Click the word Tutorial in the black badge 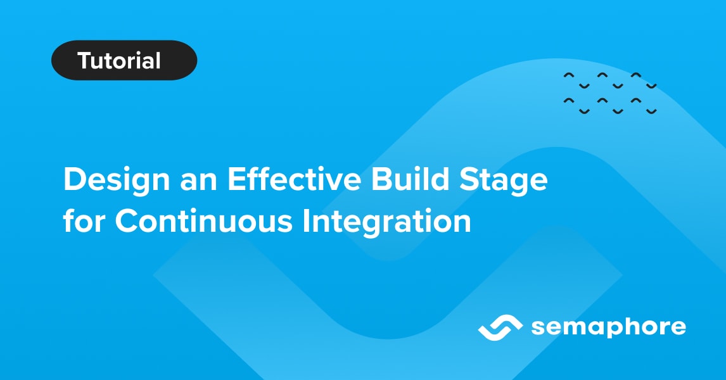[x=119, y=61]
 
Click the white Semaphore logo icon [x=500, y=327]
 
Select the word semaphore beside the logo [x=608, y=328]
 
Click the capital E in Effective [x=236, y=180]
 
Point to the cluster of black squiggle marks [x=609, y=94]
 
